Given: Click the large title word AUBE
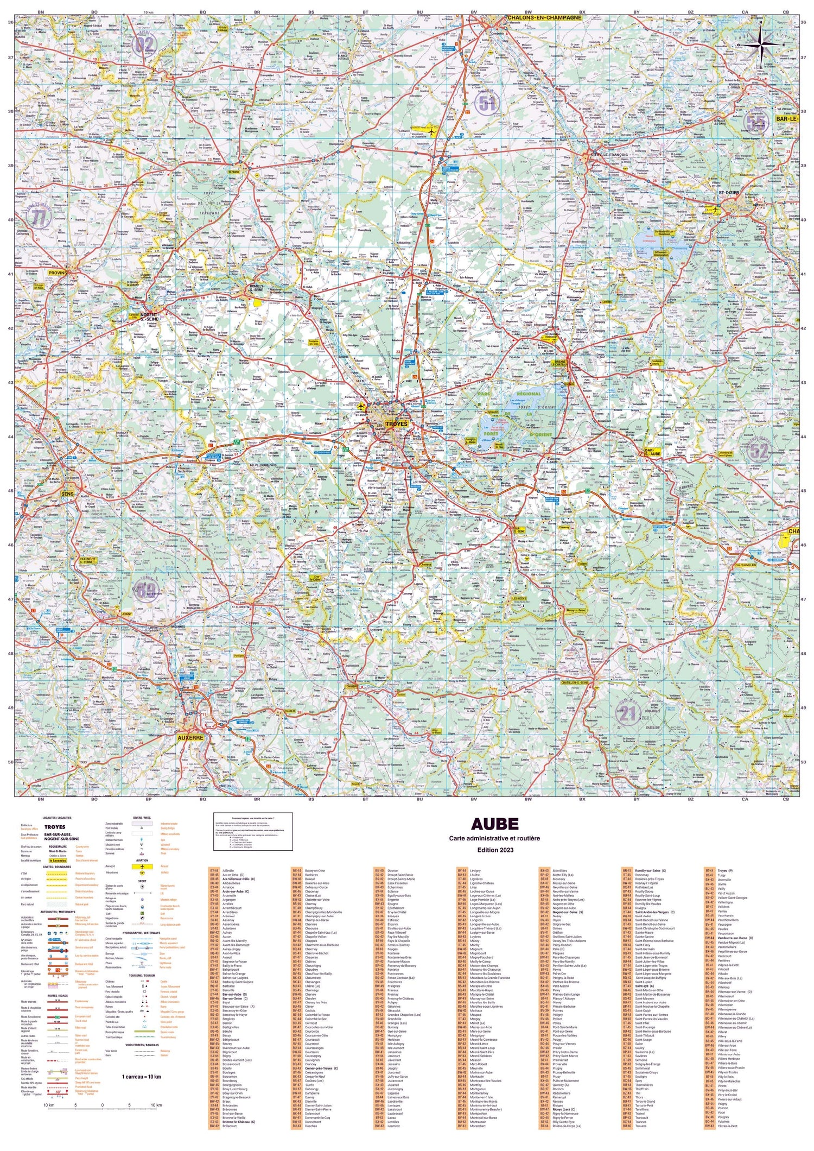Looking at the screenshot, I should click(494, 824).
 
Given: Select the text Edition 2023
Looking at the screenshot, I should click(494, 850).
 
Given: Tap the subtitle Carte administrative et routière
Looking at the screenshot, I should click(494, 838).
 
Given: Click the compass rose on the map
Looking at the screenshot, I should click(761, 45).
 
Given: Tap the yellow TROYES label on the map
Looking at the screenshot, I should click(396, 423).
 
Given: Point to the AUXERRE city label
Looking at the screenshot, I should click(190, 738).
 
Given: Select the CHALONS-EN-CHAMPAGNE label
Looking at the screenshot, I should click(544, 18).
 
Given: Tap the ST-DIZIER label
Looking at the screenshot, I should click(729, 193).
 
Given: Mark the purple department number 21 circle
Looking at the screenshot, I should click(628, 714).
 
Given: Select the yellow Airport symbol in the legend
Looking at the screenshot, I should click(142, 867).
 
